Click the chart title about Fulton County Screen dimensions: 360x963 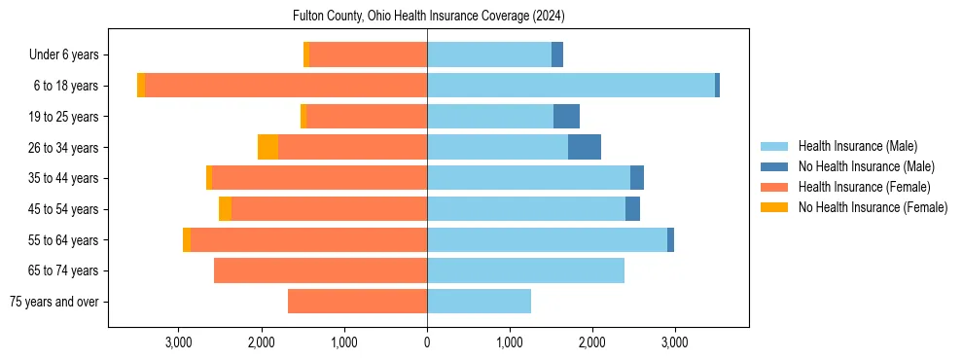click(428, 17)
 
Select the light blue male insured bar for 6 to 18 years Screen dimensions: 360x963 click(571, 86)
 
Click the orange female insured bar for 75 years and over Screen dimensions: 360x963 click(357, 302)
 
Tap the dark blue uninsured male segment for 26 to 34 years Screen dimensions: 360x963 click(584, 147)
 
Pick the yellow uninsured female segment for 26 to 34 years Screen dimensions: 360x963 click(267, 147)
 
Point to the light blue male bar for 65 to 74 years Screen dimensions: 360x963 click(525, 270)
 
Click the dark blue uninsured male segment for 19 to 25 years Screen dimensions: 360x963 click(566, 117)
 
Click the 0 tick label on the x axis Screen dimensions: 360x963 click(427, 342)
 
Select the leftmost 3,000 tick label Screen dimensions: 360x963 click(179, 342)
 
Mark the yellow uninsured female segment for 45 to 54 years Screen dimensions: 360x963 click(225, 209)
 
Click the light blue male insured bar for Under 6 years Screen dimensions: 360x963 click(489, 55)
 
